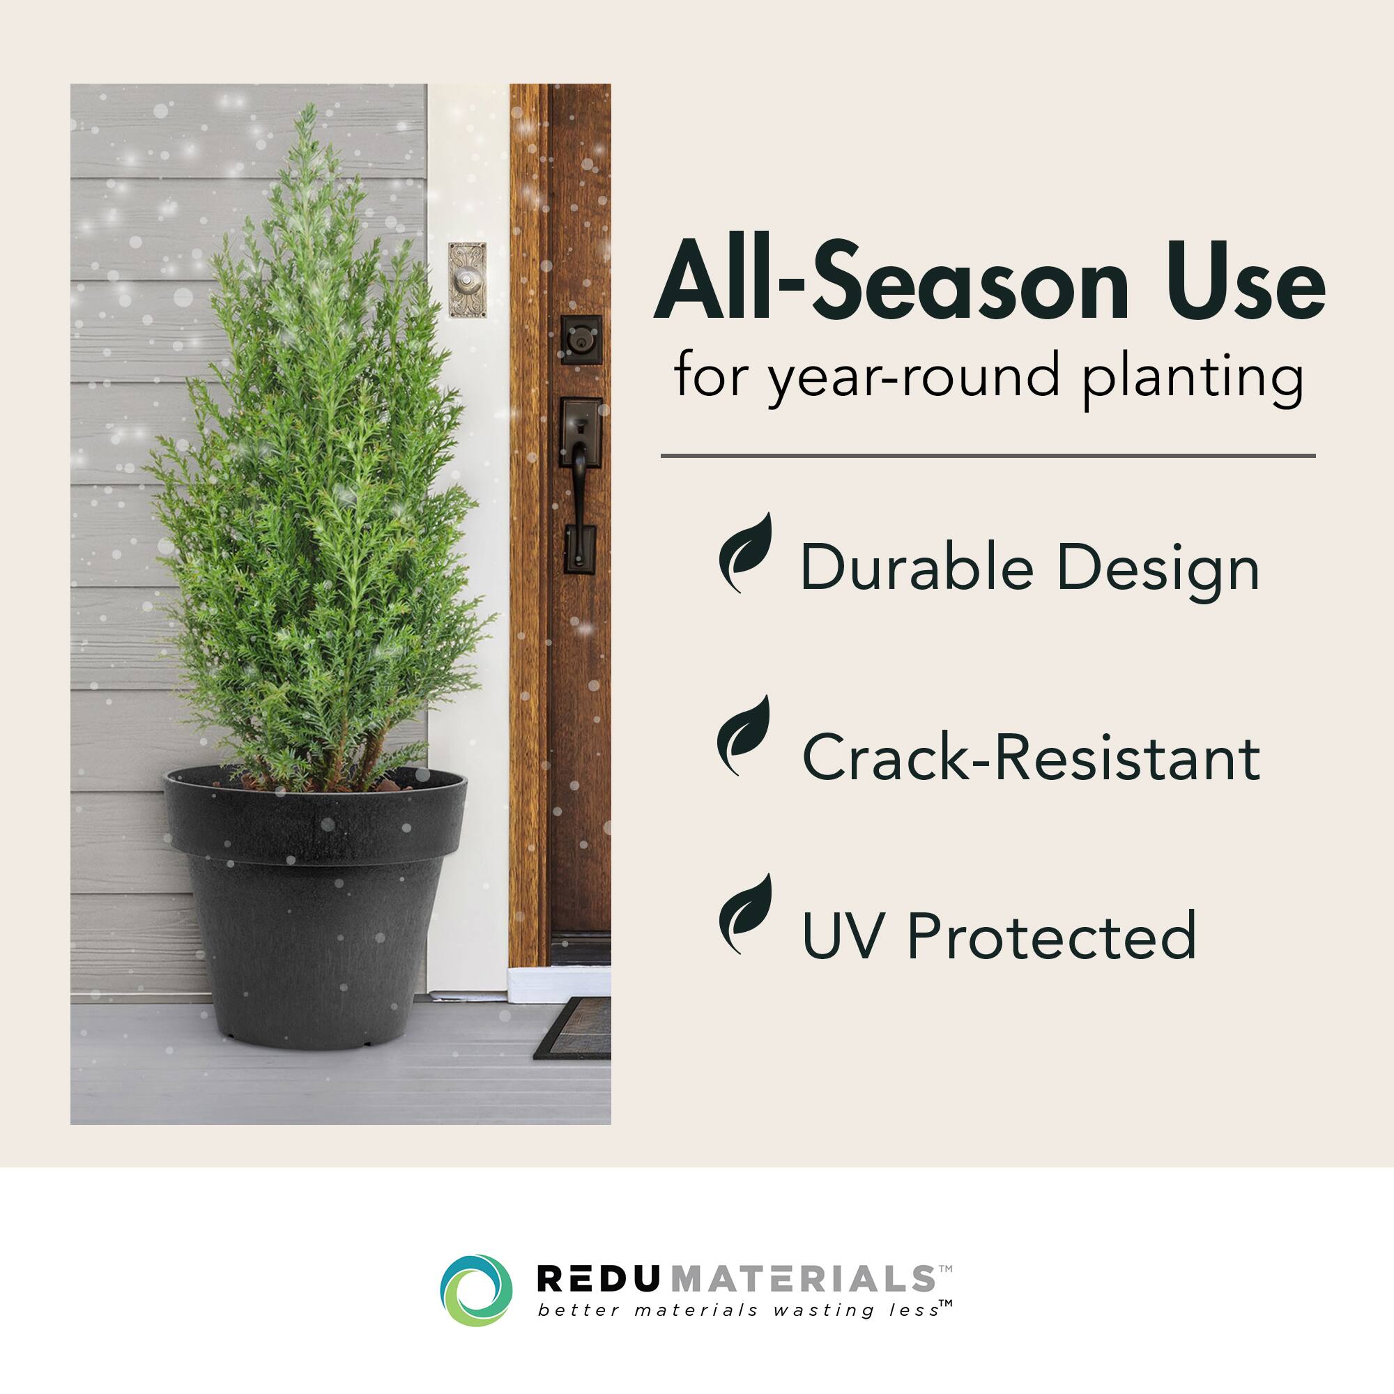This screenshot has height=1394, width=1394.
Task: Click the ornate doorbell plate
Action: (468, 280)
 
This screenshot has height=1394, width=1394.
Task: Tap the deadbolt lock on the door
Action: (581, 339)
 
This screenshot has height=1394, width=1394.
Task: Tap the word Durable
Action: (917, 569)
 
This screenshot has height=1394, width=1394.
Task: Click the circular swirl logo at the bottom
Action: (476, 1290)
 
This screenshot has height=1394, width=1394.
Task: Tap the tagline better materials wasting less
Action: (743, 1310)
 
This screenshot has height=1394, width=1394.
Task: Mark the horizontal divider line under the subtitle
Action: (988, 456)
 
